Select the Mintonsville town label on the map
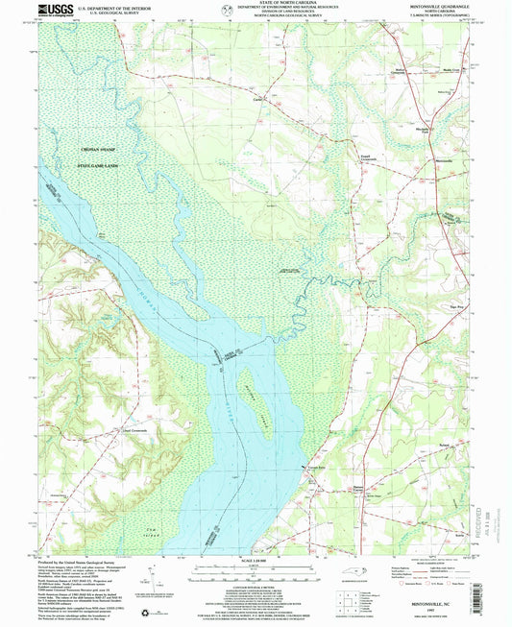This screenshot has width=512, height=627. [x=436, y=159]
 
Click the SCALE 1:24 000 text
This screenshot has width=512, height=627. [x=256, y=561]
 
